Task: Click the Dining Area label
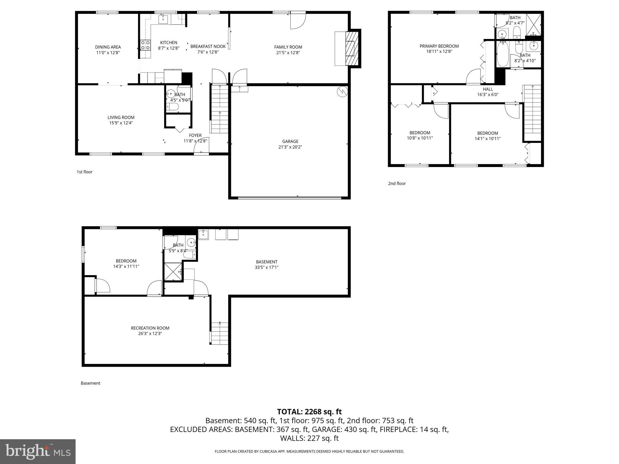(x=108, y=47)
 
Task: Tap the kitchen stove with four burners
(x=145, y=45)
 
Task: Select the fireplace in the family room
(x=351, y=48)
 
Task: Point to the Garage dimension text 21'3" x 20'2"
(x=290, y=147)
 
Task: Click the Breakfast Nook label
(x=208, y=47)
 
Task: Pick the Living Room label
(x=121, y=118)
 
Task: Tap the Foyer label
(x=195, y=135)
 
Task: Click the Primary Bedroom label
(x=439, y=46)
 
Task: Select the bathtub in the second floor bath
(x=503, y=54)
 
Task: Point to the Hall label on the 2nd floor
(x=488, y=89)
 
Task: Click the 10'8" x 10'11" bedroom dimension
(x=420, y=138)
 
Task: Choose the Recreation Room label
(x=150, y=328)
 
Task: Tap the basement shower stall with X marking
(x=173, y=272)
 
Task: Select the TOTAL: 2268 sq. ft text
(x=309, y=411)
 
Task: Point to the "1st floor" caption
(x=84, y=172)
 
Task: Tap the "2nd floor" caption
(x=397, y=183)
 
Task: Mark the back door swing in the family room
(x=298, y=21)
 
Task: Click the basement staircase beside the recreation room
(x=219, y=333)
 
